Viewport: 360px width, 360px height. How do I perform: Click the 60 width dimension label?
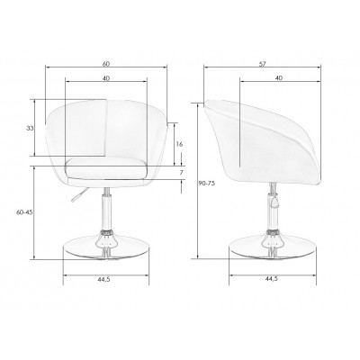(106, 64)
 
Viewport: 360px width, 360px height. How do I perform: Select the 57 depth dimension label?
(263, 64)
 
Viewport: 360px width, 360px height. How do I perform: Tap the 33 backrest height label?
(30, 129)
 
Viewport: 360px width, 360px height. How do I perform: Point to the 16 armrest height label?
(179, 144)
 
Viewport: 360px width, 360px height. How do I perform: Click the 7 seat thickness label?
(181, 173)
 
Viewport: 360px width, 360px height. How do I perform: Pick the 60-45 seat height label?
(24, 212)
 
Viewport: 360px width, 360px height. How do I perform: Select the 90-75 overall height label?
(207, 184)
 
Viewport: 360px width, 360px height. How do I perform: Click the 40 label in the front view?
(106, 78)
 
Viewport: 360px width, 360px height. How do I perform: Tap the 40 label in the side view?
(279, 78)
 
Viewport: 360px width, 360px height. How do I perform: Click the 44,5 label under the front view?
(103, 279)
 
